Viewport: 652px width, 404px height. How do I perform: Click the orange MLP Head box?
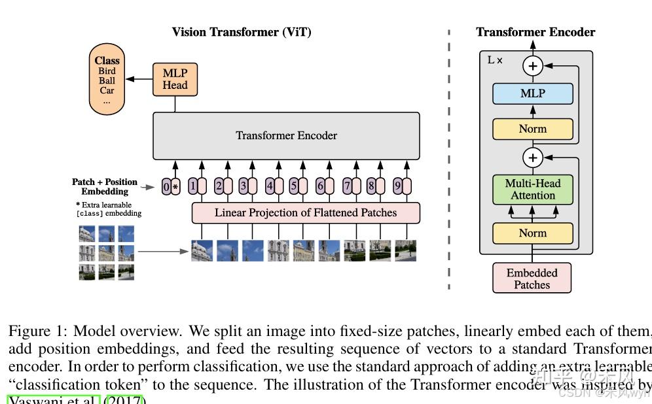pyautogui.click(x=174, y=79)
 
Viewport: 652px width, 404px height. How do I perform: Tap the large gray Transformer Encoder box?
pyautogui.click(x=286, y=136)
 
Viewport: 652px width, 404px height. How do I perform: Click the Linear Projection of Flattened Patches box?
pyautogui.click(x=305, y=212)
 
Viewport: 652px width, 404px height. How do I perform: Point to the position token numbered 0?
pyautogui.click(x=166, y=187)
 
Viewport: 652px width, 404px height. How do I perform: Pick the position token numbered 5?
pyautogui.click(x=293, y=186)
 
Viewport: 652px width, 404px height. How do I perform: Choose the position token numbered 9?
pyautogui.click(x=397, y=186)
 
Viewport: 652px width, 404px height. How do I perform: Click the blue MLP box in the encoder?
pyautogui.click(x=532, y=93)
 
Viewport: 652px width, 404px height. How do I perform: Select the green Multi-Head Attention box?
pyautogui.click(x=532, y=190)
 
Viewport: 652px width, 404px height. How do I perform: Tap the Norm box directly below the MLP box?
pyautogui.click(x=532, y=129)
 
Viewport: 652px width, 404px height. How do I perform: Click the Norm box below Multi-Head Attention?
pyautogui.click(x=532, y=233)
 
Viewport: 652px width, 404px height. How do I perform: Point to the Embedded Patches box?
pyautogui.click(x=532, y=278)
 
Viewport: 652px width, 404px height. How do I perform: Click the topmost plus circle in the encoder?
pyautogui.click(x=533, y=65)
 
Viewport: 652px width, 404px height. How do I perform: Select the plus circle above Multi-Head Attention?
pyautogui.click(x=533, y=158)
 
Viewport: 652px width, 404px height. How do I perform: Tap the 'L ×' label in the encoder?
pyautogui.click(x=495, y=60)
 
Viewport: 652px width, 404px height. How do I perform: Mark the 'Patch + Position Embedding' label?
pyautogui.click(x=105, y=186)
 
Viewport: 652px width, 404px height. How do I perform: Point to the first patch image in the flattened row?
pyautogui.click(x=202, y=251)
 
